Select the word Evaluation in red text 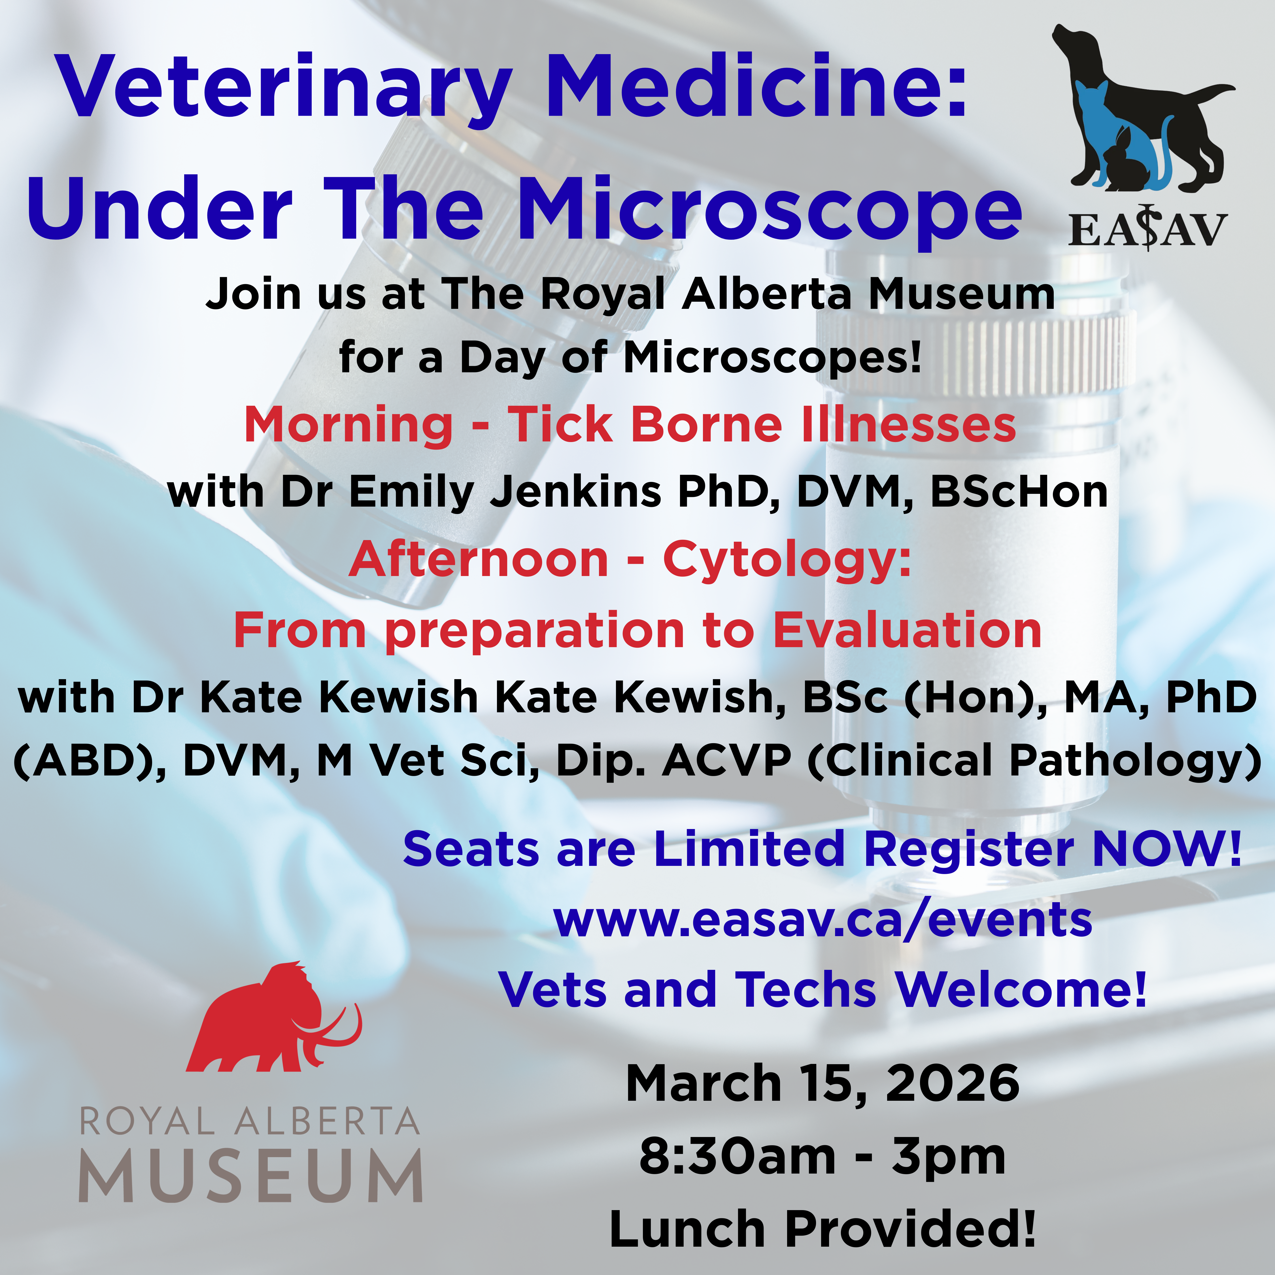pos(908,630)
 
